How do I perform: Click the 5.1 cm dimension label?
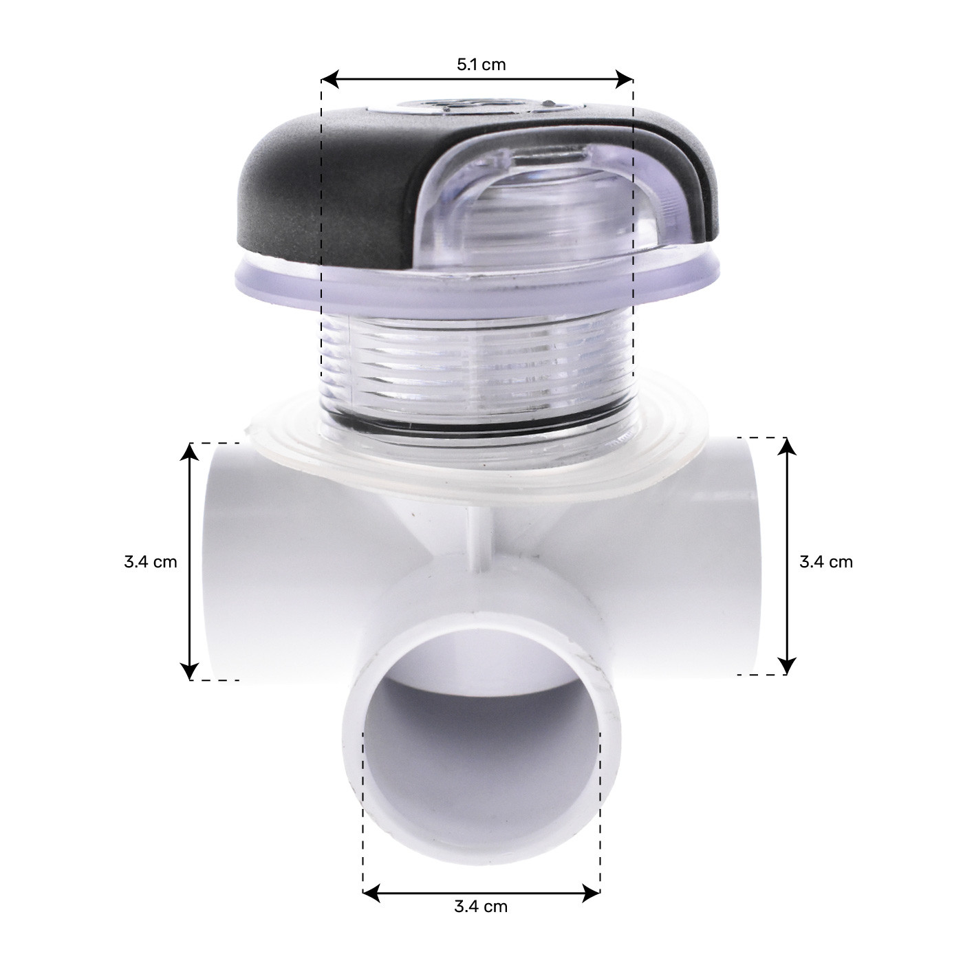(481, 65)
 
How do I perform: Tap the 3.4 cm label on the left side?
(151, 562)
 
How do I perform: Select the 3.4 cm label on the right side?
(825, 562)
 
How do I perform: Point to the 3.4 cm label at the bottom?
(481, 906)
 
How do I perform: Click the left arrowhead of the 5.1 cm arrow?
(329, 80)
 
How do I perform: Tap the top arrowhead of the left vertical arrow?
(189, 451)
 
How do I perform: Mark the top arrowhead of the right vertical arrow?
(788, 446)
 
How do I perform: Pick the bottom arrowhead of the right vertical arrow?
(788, 667)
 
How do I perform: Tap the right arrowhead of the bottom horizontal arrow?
(592, 894)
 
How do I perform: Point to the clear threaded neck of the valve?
(475, 371)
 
